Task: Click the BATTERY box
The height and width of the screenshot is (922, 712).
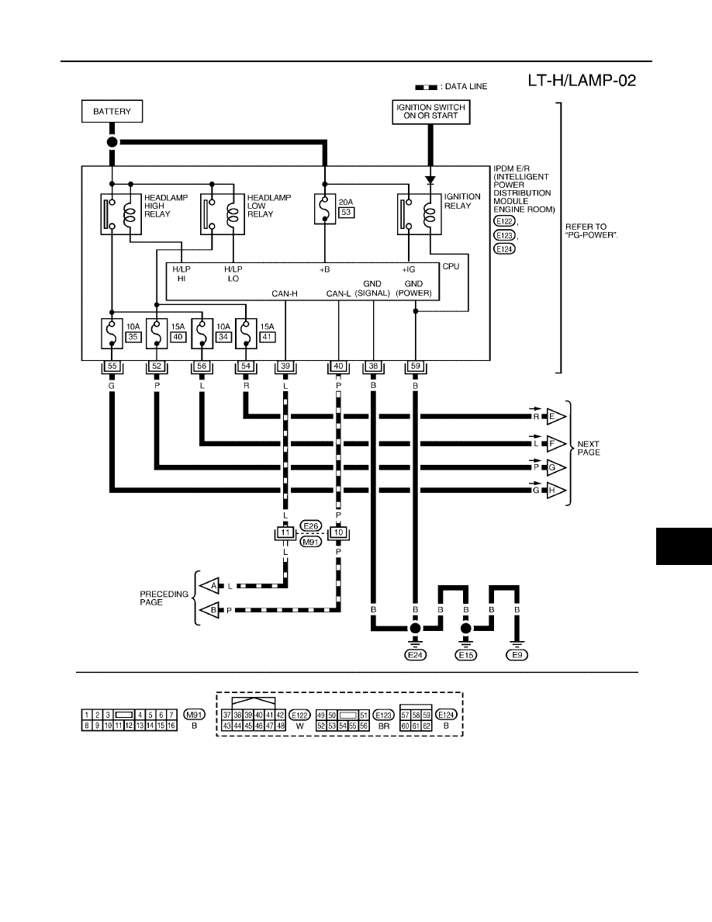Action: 112,111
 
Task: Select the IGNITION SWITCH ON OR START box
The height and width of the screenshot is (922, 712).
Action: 430,112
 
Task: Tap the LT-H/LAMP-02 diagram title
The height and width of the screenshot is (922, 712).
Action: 582,81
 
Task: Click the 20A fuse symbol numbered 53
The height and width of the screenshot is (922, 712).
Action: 325,210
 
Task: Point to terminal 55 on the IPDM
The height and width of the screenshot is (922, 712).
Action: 112,366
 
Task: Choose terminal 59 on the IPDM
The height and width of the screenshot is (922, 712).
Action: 416,366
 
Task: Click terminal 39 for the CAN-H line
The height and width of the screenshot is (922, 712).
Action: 285,366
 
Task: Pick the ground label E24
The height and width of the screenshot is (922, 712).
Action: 416,655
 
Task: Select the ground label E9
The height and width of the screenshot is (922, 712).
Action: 517,655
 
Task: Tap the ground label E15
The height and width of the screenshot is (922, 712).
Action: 466,655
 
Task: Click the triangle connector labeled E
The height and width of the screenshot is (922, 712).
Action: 555,416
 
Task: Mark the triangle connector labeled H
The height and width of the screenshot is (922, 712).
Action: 555,490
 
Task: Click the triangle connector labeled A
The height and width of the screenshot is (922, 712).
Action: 210,586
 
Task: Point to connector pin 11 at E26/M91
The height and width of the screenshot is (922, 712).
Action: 285,532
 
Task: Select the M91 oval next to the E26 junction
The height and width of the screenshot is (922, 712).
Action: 311,542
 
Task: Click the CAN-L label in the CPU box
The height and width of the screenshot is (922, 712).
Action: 338,293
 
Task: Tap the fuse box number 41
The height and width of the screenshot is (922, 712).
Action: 268,337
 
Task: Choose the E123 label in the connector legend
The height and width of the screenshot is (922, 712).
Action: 384,715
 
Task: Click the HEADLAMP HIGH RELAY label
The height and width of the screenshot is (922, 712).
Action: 166,206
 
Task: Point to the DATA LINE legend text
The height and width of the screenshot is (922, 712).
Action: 466,86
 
